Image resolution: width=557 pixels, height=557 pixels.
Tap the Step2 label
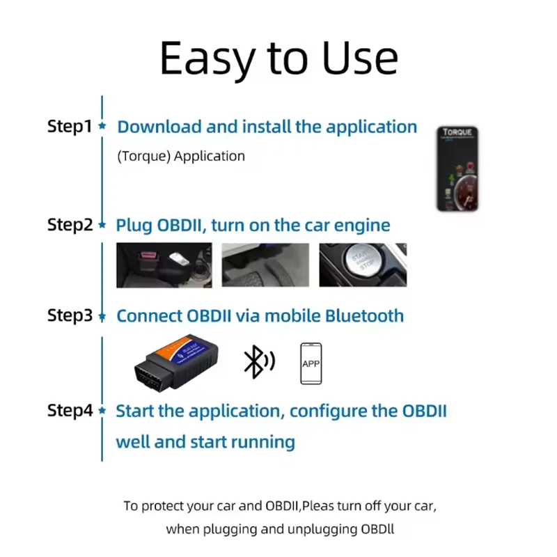69,225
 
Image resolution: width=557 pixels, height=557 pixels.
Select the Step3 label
69,315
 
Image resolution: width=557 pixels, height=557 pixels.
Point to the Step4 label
69,410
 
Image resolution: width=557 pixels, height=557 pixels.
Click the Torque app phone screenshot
459,168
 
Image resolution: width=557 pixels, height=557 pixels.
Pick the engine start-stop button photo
363,265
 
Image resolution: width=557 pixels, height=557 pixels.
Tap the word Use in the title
361,58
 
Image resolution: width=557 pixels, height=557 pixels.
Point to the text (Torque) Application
181,156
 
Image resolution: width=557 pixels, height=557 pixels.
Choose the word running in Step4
261,442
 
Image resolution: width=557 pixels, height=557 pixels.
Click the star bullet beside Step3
102,316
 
